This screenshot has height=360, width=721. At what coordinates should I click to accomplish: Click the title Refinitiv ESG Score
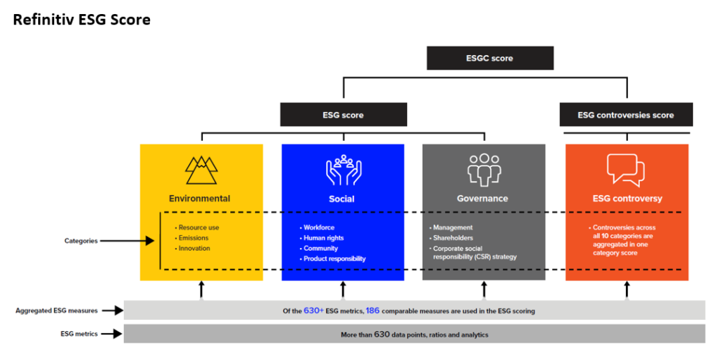coord(82,20)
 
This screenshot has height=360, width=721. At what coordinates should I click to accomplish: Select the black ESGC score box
coord(489,58)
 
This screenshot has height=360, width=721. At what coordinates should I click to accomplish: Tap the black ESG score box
coord(343,115)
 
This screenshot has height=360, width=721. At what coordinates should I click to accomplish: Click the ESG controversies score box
coord(625,115)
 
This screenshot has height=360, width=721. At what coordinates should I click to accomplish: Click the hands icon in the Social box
coord(343,170)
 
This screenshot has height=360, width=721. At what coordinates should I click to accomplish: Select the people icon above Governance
coord(483,170)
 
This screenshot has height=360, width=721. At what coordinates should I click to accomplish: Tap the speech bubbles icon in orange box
coord(626,170)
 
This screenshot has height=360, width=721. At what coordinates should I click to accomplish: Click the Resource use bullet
coord(198,228)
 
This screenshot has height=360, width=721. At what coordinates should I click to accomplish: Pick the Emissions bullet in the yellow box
coord(193,238)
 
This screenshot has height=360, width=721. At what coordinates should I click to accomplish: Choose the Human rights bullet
coord(325,238)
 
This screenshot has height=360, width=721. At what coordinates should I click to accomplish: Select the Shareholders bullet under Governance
coord(455,238)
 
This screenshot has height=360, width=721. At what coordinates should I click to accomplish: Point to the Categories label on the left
coord(81,241)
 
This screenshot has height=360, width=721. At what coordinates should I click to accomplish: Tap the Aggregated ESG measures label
coord(57,310)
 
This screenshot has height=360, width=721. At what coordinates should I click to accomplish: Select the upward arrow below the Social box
coord(343,289)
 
